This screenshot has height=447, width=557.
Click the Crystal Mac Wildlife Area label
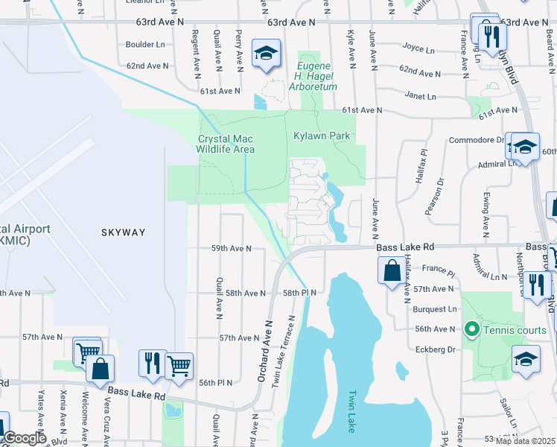pyautogui.click(x=226, y=144)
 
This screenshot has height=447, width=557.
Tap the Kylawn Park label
pyautogui.click(x=322, y=136)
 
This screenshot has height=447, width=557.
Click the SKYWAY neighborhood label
pyautogui.click(x=124, y=232)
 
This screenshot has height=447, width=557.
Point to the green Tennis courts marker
pyautogui.click(x=471, y=329)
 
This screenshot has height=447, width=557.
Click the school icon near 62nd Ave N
pyautogui.click(x=266, y=54)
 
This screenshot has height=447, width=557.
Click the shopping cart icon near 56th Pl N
pyautogui.click(x=179, y=366)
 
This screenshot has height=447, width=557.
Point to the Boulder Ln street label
pyautogui.click(x=144, y=44)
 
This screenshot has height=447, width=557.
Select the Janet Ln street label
pyautogui.click(x=421, y=96)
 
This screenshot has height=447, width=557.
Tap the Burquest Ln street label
pyautogui.click(x=436, y=308)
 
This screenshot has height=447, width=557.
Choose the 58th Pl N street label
pyautogui.click(x=299, y=293)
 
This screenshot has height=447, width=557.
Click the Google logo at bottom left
pyautogui.click(x=24, y=438)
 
